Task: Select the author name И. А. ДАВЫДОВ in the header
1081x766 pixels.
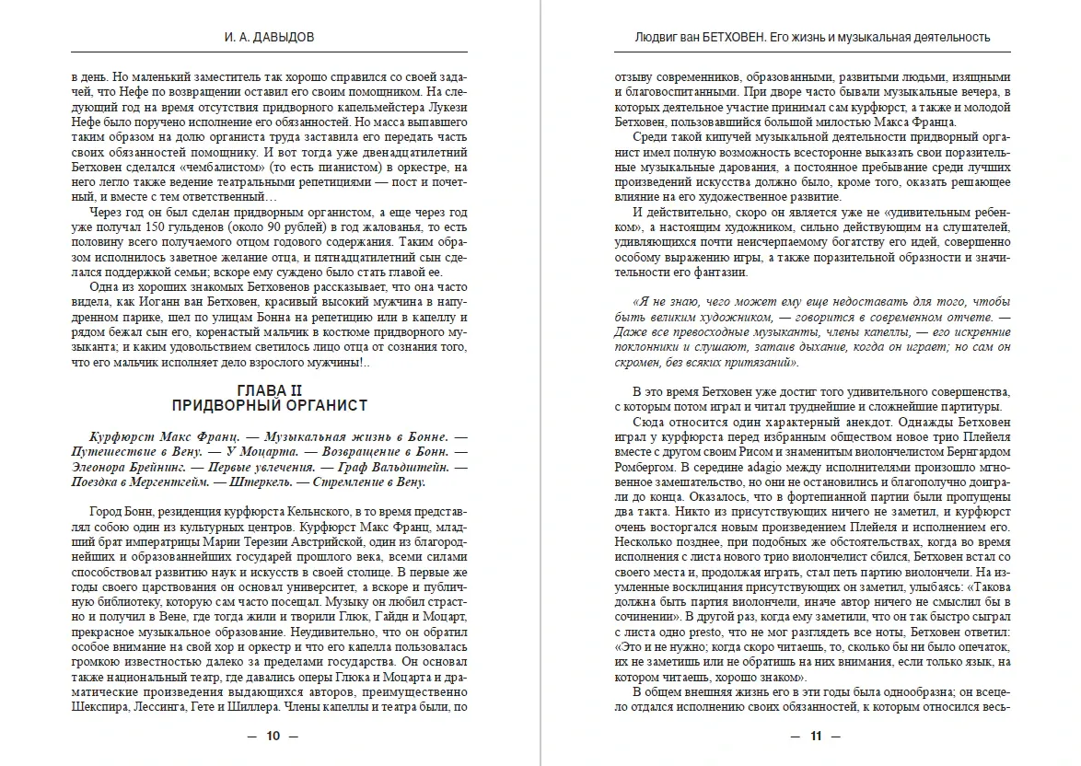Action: [270, 38]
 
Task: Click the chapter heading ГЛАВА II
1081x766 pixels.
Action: [269, 390]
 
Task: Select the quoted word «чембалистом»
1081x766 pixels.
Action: [213, 168]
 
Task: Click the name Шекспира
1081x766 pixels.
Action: [99, 708]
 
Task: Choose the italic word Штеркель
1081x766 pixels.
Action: [246, 482]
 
